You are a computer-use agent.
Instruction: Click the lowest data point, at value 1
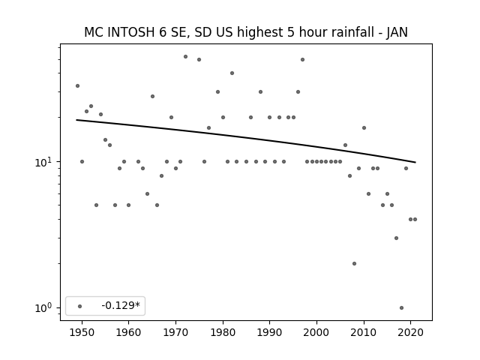coord(402,308)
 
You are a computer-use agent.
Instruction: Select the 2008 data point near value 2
coord(354,263)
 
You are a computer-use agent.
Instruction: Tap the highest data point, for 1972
coord(185,57)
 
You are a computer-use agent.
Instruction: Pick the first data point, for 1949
coord(77,86)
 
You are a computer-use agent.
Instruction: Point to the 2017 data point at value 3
coord(397,238)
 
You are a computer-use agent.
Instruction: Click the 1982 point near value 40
coord(232,73)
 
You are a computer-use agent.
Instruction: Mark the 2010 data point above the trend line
coord(364,128)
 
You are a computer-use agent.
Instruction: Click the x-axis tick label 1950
coord(82,333)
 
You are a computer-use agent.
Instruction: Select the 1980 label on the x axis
coord(223,333)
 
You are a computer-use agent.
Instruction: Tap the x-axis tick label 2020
coord(411,333)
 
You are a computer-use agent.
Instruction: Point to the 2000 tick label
coord(316,333)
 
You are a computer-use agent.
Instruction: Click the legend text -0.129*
coord(121,305)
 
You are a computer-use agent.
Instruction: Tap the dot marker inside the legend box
coord(80,306)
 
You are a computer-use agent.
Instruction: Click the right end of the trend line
coord(415,162)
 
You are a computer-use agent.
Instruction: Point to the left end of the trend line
coord(76,120)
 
